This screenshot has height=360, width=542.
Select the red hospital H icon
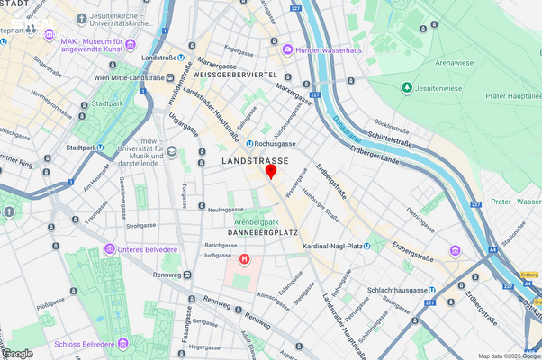pyautogui.click(x=244, y=260)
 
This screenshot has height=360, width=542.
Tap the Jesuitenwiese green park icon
pyautogui.click(x=407, y=87)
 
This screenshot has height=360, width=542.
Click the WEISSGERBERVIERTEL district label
pyautogui.click(x=236, y=75)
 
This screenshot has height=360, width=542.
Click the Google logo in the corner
pyautogui.click(x=18, y=353)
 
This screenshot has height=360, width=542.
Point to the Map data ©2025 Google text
pyautogui.click(x=509, y=355)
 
